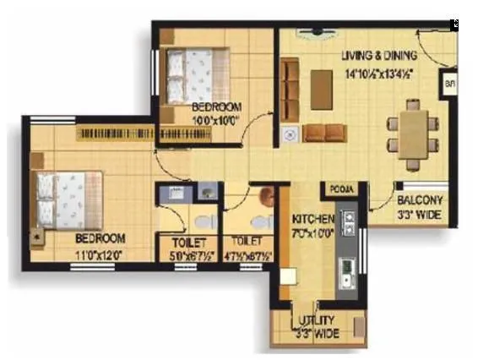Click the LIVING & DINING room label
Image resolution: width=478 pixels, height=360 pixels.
(x=379, y=56)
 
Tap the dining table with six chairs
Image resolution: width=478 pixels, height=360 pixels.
(x=413, y=134)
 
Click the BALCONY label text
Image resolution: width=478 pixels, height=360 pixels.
(x=420, y=200)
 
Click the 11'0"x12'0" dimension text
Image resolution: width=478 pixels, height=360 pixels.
(x=100, y=252)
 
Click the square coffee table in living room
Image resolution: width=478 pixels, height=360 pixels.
(x=321, y=90)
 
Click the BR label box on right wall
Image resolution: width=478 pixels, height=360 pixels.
(x=449, y=85)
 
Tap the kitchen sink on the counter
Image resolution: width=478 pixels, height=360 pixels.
(x=345, y=273)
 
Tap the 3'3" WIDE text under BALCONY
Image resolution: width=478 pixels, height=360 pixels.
(x=420, y=215)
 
